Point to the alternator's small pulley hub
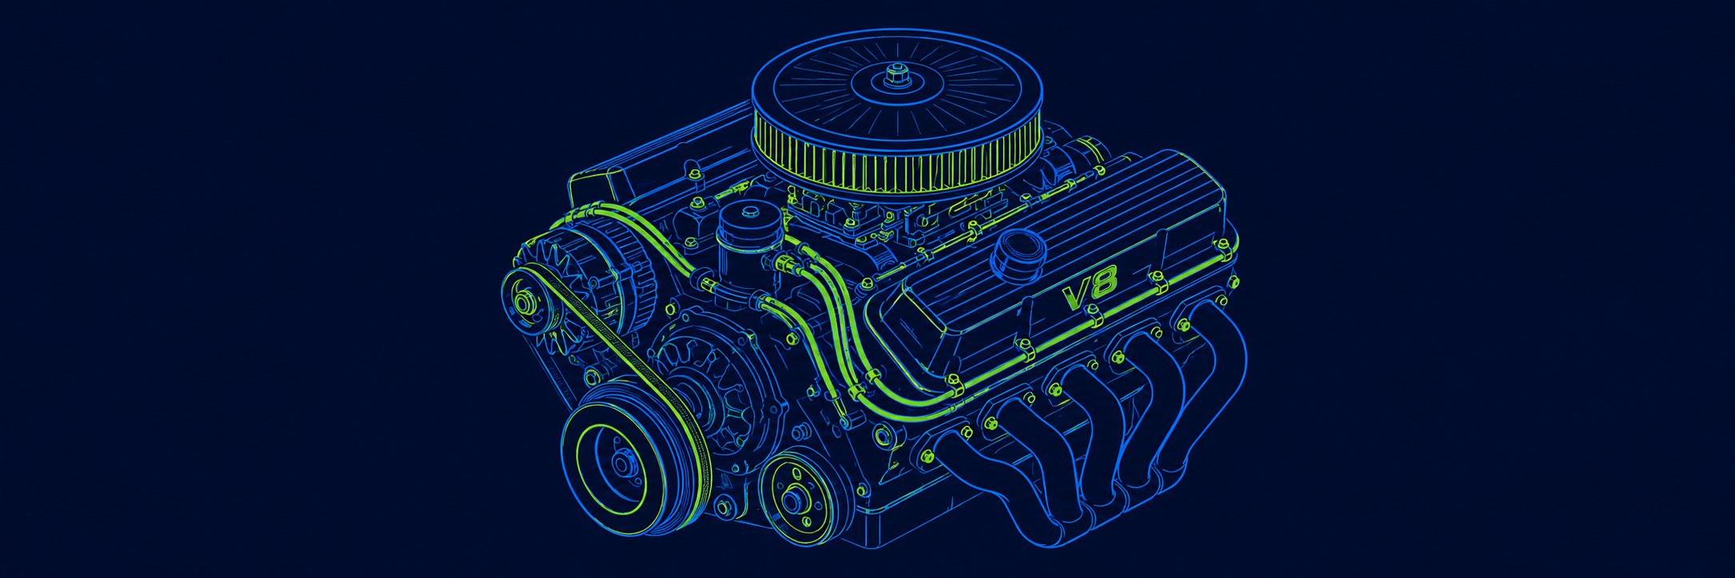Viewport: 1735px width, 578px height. [525, 303]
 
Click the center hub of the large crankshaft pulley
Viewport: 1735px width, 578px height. [624, 463]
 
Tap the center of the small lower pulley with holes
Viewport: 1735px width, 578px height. [795, 500]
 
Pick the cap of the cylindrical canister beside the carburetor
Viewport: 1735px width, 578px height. [750, 215]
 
